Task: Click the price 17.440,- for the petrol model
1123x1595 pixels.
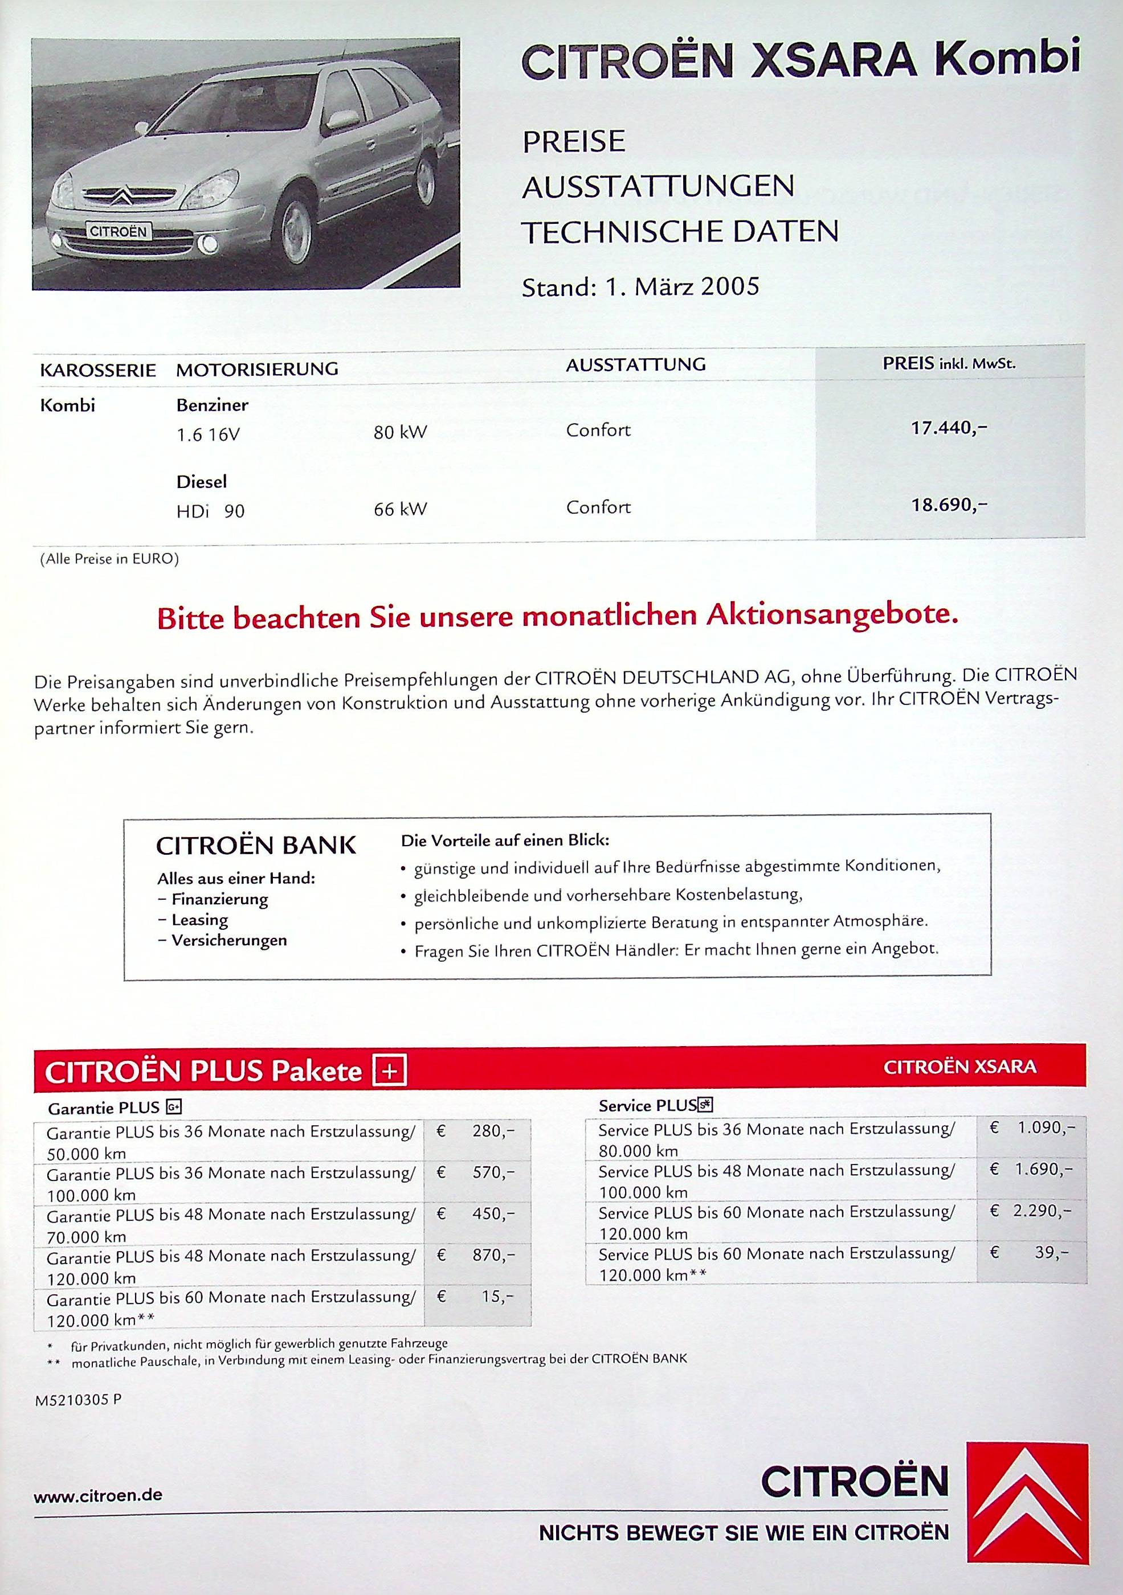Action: (x=949, y=428)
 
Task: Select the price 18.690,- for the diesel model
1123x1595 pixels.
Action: (x=949, y=505)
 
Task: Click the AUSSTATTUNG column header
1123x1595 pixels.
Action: (x=636, y=364)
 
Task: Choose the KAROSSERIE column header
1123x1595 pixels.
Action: (x=97, y=370)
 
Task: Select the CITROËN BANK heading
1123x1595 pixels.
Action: (x=256, y=846)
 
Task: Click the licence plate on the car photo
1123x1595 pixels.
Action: (x=118, y=232)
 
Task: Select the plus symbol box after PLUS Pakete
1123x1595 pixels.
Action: (x=390, y=1071)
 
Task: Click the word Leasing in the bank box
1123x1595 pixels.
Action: (x=199, y=920)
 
